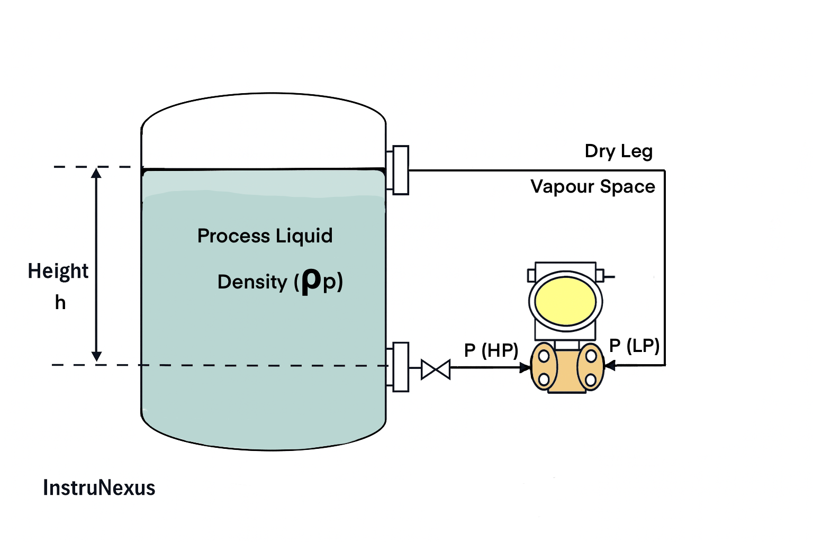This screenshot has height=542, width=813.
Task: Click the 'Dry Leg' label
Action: [x=618, y=151]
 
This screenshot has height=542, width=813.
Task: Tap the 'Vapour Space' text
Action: [x=593, y=187]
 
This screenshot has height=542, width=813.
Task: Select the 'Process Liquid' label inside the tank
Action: [x=265, y=236]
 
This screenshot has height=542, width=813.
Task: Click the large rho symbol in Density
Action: [x=311, y=281]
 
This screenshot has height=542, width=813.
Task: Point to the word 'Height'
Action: [x=58, y=271]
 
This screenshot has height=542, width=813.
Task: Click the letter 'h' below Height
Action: [x=60, y=302]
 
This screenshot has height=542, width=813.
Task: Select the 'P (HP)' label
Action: [x=491, y=350]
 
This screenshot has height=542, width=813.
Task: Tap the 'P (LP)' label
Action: [x=634, y=346]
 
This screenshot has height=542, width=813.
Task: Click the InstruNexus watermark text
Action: [x=99, y=487]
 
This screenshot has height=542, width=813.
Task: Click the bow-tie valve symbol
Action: [x=436, y=369]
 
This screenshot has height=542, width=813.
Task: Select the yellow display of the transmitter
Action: [x=565, y=301]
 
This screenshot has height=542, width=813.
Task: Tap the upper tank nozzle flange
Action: [x=401, y=170]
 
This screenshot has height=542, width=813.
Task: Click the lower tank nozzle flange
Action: [x=401, y=367]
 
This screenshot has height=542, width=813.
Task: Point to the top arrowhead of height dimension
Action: [x=96, y=173]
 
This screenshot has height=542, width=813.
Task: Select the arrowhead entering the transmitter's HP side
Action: [x=525, y=367]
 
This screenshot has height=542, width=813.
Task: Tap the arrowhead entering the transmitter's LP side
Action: [x=610, y=365]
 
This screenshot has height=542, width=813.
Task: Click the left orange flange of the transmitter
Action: [x=544, y=367]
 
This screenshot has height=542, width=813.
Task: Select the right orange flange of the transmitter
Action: [x=591, y=367]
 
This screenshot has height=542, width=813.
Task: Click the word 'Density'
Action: [x=252, y=282]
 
